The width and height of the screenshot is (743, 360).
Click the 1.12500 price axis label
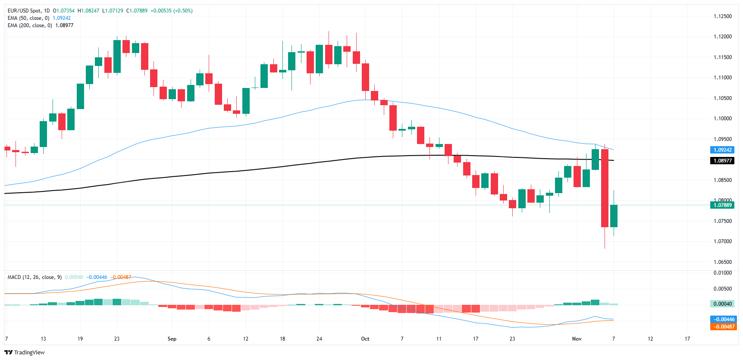point(722,16)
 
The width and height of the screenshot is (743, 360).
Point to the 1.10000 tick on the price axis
point(722,119)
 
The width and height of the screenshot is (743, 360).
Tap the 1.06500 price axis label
point(722,262)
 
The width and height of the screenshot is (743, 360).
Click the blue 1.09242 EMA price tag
point(722,150)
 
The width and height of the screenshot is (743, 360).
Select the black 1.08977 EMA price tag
point(722,161)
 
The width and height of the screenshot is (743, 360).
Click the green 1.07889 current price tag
point(722,205)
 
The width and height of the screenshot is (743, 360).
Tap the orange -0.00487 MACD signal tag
point(724,327)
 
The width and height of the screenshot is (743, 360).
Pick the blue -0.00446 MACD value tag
point(724,319)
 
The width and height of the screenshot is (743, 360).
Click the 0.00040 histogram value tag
point(722,304)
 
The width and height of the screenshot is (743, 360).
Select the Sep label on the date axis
point(172,339)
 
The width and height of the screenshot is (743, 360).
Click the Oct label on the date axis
point(365,339)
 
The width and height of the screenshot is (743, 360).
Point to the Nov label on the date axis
point(577,339)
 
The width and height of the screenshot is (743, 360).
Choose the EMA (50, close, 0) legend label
point(28,18)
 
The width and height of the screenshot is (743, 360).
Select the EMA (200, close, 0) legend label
point(30,25)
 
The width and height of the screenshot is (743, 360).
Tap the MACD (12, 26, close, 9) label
point(34,277)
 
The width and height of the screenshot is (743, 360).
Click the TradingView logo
point(25,352)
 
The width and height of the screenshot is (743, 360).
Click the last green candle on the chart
point(614,216)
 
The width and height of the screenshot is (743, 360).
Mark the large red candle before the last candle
point(605,188)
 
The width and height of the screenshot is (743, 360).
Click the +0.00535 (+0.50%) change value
point(171,11)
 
